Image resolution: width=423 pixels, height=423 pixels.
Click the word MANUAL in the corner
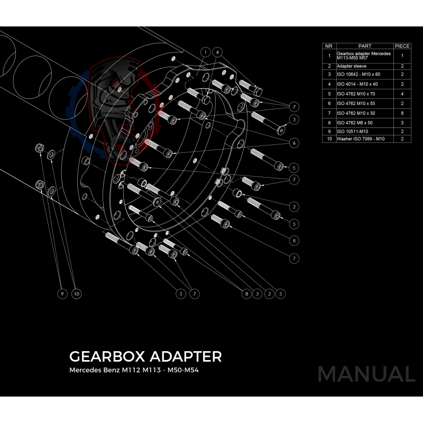point(366,374)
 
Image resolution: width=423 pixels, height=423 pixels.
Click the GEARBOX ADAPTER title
point(145,356)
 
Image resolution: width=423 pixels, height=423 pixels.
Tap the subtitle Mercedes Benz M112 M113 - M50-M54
point(134,370)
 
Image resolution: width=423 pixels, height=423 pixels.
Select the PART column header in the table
point(365,46)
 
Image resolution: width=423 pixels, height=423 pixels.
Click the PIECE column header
point(402,46)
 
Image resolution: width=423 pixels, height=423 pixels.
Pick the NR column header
point(329,46)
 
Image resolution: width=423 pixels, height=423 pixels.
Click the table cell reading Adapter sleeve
point(352,66)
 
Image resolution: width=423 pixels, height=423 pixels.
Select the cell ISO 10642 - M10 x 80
point(357,75)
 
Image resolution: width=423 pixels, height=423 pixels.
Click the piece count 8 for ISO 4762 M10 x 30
point(402,113)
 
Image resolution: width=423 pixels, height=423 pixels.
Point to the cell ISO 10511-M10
point(352,131)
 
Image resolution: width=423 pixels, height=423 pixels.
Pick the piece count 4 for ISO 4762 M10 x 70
point(402,94)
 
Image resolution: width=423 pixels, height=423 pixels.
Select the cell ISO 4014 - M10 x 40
point(357,84)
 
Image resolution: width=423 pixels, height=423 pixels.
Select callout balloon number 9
point(62,293)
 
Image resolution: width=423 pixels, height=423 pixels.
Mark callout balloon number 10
point(77,293)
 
